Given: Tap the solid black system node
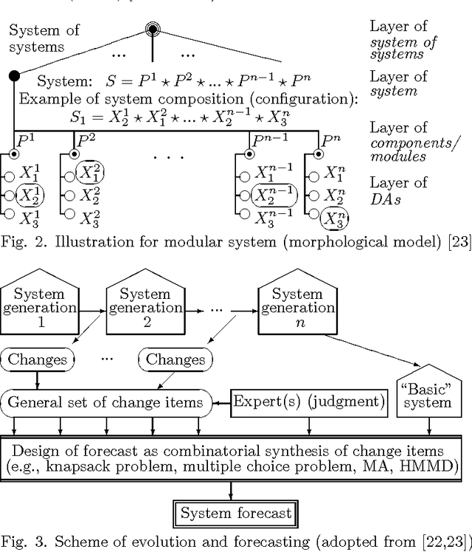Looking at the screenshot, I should [13, 75].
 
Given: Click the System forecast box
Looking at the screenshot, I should [235, 513].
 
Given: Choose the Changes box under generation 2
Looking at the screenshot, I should [174, 360].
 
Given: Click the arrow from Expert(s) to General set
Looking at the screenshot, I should [222, 402].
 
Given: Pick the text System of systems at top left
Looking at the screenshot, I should [44, 37].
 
